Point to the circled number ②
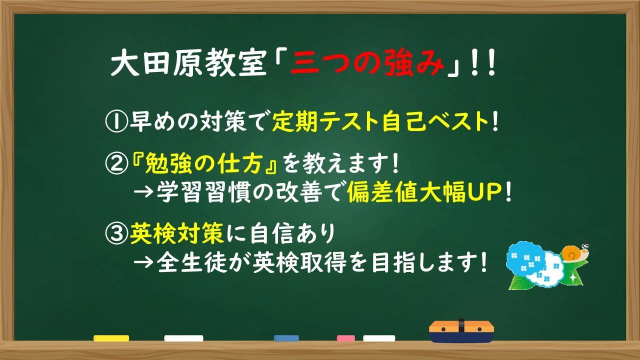[x=116, y=164]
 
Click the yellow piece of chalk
[x=111, y=338]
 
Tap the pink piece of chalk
[x=345, y=338]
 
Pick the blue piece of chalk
[x=286, y=338]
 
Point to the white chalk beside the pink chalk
[x=379, y=338]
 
